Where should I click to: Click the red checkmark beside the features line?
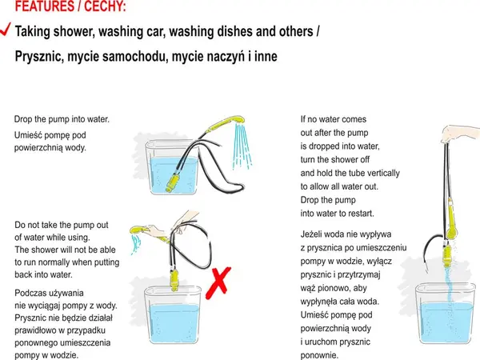pos(6,29)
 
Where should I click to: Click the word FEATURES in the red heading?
pos(44,6)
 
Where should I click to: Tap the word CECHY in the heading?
pos(105,6)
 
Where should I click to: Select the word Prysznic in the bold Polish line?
pos(39,57)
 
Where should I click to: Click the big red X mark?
pos(218,283)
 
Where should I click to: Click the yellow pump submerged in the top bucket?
pos(174,182)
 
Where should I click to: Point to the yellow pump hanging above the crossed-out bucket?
pos(174,279)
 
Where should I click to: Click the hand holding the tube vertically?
pos(460,134)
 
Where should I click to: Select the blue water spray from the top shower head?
pos(242,146)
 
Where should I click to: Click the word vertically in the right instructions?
pos(383,174)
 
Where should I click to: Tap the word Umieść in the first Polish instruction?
pos(28,135)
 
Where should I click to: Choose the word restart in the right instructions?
pos(362,214)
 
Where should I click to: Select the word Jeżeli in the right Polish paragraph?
pos(311,234)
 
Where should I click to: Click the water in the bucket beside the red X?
pos(174,323)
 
